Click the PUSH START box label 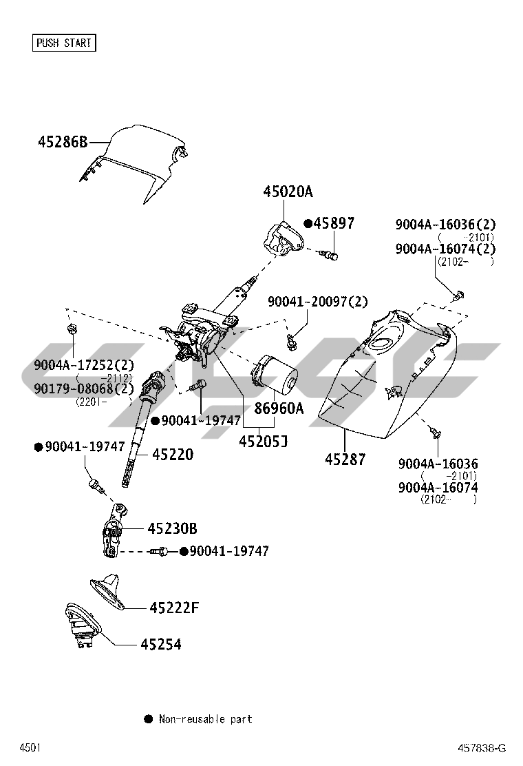coord(63,43)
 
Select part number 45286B coord(63,143)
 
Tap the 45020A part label coord(287,191)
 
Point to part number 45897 coord(334,223)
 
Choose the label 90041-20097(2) coord(318,301)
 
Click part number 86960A coord(278,408)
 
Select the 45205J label coord(263,440)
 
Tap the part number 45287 coord(345,459)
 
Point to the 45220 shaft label coord(172,454)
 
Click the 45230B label coord(172,528)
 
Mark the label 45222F coord(174,608)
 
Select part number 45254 coord(161,644)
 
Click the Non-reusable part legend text coord(205,719)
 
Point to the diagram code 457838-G coord(482,748)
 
